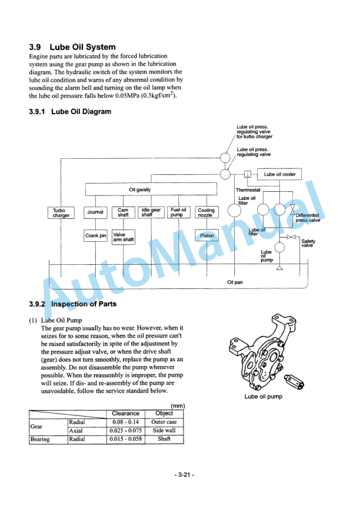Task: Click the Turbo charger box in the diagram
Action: (x=61, y=213)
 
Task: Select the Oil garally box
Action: (x=151, y=189)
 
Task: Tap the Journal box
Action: (x=95, y=212)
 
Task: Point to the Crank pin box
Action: (x=95, y=236)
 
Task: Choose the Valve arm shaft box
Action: (x=124, y=237)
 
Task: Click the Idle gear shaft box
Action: (x=151, y=212)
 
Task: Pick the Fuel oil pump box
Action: (x=178, y=212)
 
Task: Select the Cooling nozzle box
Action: (x=206, y=212)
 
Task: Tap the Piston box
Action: (x=207, y=236)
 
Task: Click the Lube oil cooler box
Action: (x=279, y=174)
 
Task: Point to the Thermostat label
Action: (x=248, y=190)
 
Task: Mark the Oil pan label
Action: (x=235, y=282)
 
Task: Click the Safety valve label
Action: (x=308, y=243)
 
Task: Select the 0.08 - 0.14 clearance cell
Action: (x=126, y=422)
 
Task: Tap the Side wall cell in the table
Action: (x=164, y=430)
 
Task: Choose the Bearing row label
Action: (x=40, y=439)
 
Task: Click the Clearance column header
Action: (x=126, y=414)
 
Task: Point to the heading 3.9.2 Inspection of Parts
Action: (x=73, y=304)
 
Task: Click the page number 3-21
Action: (x=184, y=475)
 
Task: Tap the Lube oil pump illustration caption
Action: (x=264, y=397)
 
